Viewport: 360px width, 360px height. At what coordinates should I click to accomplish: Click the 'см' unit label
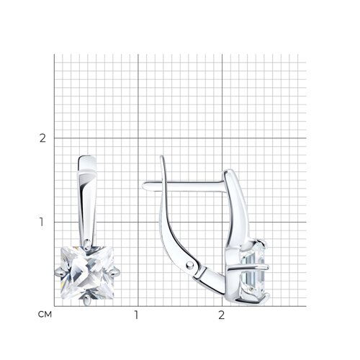[x=45, y=315]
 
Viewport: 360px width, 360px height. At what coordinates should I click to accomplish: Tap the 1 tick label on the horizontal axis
[x=136, y=315]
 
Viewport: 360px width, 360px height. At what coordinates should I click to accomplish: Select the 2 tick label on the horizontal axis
[x=221, y=315]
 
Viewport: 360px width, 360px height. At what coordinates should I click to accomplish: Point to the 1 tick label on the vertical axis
[x=42, y=222]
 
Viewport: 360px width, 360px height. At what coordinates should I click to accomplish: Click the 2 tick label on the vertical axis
[x=42, y=138]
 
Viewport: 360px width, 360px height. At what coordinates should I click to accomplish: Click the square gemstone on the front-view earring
[x=87, y=273]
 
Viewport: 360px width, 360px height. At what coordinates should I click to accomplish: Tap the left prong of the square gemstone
[x=59, y=273]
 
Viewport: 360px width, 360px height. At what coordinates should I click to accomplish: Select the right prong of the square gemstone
[x=115, y=272]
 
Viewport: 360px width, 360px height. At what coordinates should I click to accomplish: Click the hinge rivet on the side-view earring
[x=190, y=264]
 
